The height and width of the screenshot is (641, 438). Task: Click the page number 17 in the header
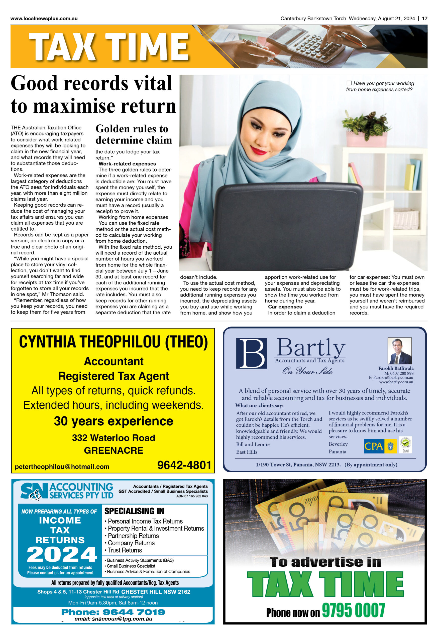tap(424, 19)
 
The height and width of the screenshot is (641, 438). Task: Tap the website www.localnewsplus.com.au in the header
tap(44, 19)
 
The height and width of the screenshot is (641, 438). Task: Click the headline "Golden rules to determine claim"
tap(134, 134)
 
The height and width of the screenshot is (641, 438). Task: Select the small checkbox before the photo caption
tap(349, 83)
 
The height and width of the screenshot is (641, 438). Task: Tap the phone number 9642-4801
tap(184, 465)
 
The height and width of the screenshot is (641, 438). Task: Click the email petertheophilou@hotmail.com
tap(62, 466)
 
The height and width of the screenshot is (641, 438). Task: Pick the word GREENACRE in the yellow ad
tap(114, 450)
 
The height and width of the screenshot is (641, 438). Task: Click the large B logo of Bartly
tap(251, 353)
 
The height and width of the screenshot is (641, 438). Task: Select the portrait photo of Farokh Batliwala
tap(399, 351)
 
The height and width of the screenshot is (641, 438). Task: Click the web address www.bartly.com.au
tap(396, 382)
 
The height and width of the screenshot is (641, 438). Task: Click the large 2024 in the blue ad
tap(62, 554)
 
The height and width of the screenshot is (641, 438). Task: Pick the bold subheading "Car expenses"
tap(285, 307)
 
